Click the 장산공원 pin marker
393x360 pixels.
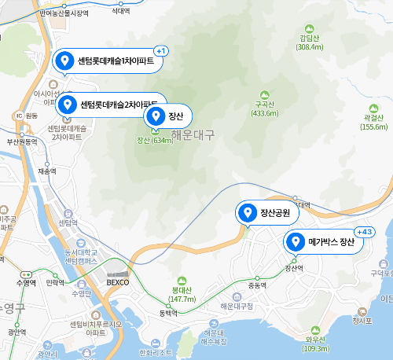coord(248,212)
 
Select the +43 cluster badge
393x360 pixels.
coord(365,232)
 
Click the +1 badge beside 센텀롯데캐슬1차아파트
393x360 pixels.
coord(160,51)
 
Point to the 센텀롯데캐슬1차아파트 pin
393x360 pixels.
coord(66,61)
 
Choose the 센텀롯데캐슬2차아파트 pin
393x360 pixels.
coord(68,104)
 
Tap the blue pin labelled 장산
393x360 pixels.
coord(156,116)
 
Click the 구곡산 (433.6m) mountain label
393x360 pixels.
coord(264,108)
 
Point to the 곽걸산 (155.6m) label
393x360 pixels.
coord(373,122)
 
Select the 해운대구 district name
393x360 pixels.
coord(193,134)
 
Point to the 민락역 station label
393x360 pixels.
coord(55,281)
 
